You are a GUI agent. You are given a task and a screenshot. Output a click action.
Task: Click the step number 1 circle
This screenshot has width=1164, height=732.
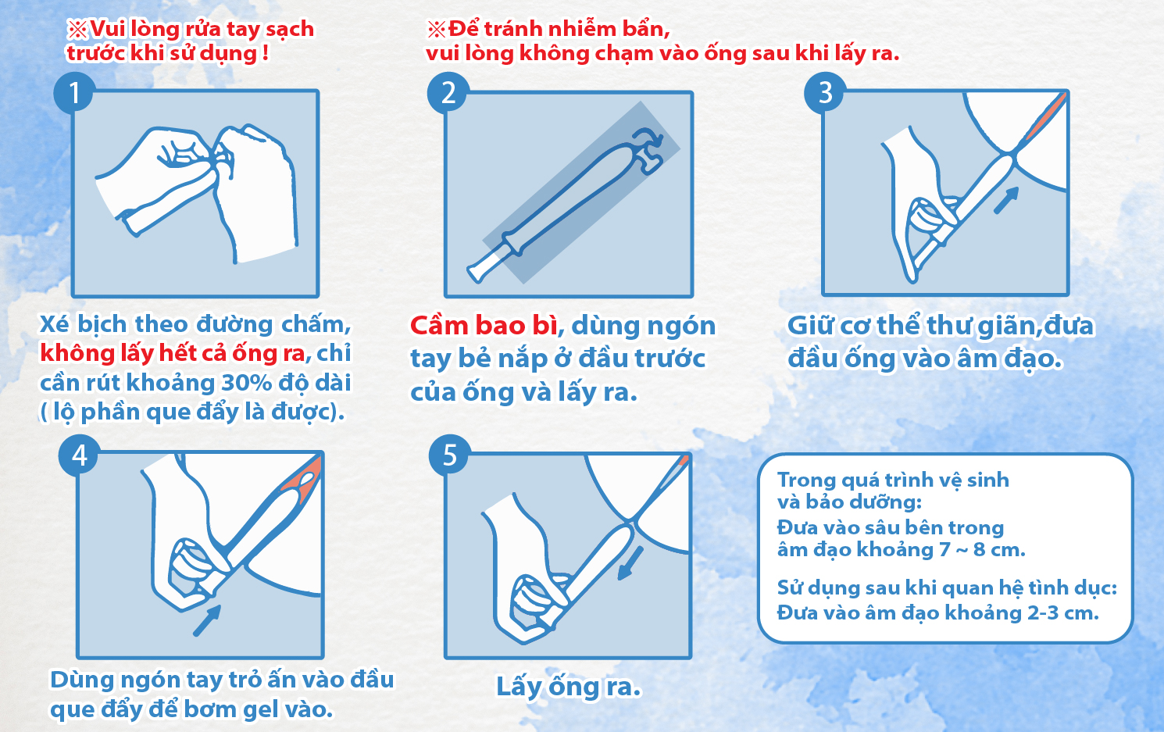(73, 93)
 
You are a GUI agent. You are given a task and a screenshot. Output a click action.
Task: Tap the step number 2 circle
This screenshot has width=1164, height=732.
(448, 93)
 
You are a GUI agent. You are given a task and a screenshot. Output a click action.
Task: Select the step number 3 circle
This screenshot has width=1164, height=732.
(824, 93)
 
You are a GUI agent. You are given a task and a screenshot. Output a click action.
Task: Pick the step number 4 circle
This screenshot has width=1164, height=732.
(79, 455)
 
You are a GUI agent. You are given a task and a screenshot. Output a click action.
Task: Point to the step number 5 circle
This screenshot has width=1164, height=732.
(449, 455)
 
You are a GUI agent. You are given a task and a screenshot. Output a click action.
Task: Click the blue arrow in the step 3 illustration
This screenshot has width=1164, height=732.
(1006, 200)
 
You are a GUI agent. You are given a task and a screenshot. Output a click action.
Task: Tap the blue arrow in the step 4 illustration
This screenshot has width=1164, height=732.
(207, 620)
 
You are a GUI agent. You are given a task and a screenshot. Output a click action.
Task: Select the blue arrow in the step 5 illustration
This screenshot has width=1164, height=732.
(630, 563)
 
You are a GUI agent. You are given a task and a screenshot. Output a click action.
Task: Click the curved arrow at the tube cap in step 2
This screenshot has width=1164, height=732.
(648, 137)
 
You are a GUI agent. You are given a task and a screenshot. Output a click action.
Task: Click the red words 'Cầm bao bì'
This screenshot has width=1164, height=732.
(484, 326)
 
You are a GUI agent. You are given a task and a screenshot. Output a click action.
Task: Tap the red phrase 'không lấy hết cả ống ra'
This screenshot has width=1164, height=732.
(172, 353)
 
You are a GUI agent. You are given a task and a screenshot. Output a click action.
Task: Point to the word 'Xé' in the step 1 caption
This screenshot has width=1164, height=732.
(54, 324)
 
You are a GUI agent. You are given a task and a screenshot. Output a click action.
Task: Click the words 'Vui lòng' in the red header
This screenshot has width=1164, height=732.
(134, 29)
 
